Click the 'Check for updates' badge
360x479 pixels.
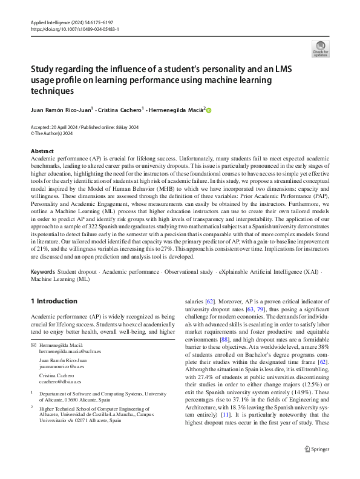pos(320,48)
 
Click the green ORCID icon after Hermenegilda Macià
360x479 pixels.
pos(209,110)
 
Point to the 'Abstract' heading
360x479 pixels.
pos(42,151)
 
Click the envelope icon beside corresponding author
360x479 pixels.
pos(33,344)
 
